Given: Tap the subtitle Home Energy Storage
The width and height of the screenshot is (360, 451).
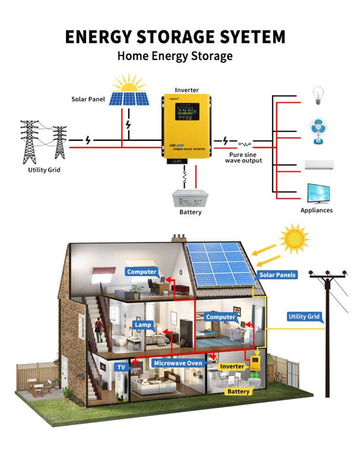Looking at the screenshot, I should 175,56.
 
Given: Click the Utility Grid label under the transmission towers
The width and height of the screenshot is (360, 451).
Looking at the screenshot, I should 44,170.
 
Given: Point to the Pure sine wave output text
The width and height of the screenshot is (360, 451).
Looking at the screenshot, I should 244,157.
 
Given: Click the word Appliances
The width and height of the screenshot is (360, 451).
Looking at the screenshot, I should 316,210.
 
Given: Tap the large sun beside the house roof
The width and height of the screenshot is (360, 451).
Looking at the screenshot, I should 295,239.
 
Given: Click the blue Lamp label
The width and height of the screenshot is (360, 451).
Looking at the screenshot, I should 144,325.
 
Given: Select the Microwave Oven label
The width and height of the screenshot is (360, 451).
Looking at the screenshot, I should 178,362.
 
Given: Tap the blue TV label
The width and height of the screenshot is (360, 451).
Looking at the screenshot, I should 121,367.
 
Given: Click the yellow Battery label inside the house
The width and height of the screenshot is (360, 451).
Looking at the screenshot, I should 238,392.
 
